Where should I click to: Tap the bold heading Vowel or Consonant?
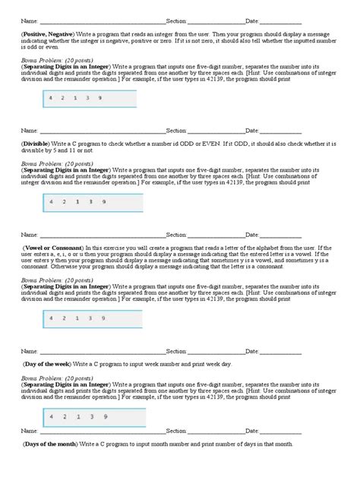(x=50, y=248)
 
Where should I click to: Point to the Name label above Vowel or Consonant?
(x=29, y=235)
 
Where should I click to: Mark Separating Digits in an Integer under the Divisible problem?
(x=67, y=169)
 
